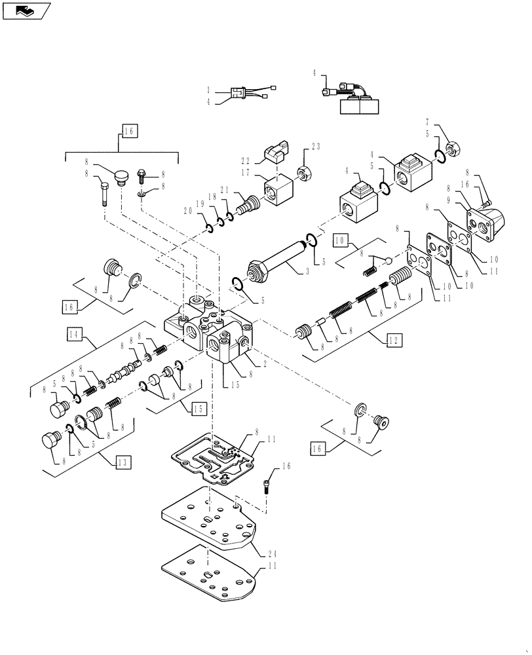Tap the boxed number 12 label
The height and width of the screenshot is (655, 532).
click(393, 341)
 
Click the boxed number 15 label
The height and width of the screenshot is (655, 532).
click(198, 409)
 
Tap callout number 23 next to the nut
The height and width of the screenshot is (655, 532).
click(316, 147)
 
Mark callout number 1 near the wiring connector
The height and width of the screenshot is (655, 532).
click(209, 90)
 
